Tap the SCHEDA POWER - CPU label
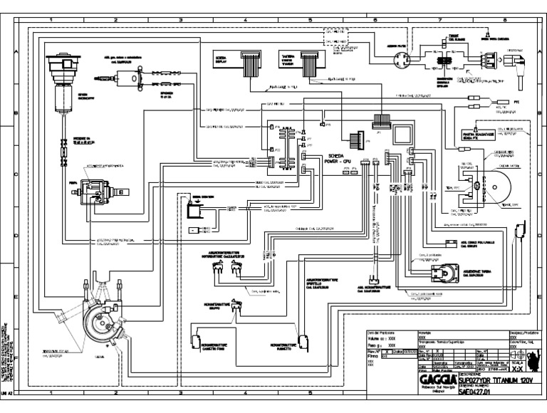point(338,159)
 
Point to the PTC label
point(518,102)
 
